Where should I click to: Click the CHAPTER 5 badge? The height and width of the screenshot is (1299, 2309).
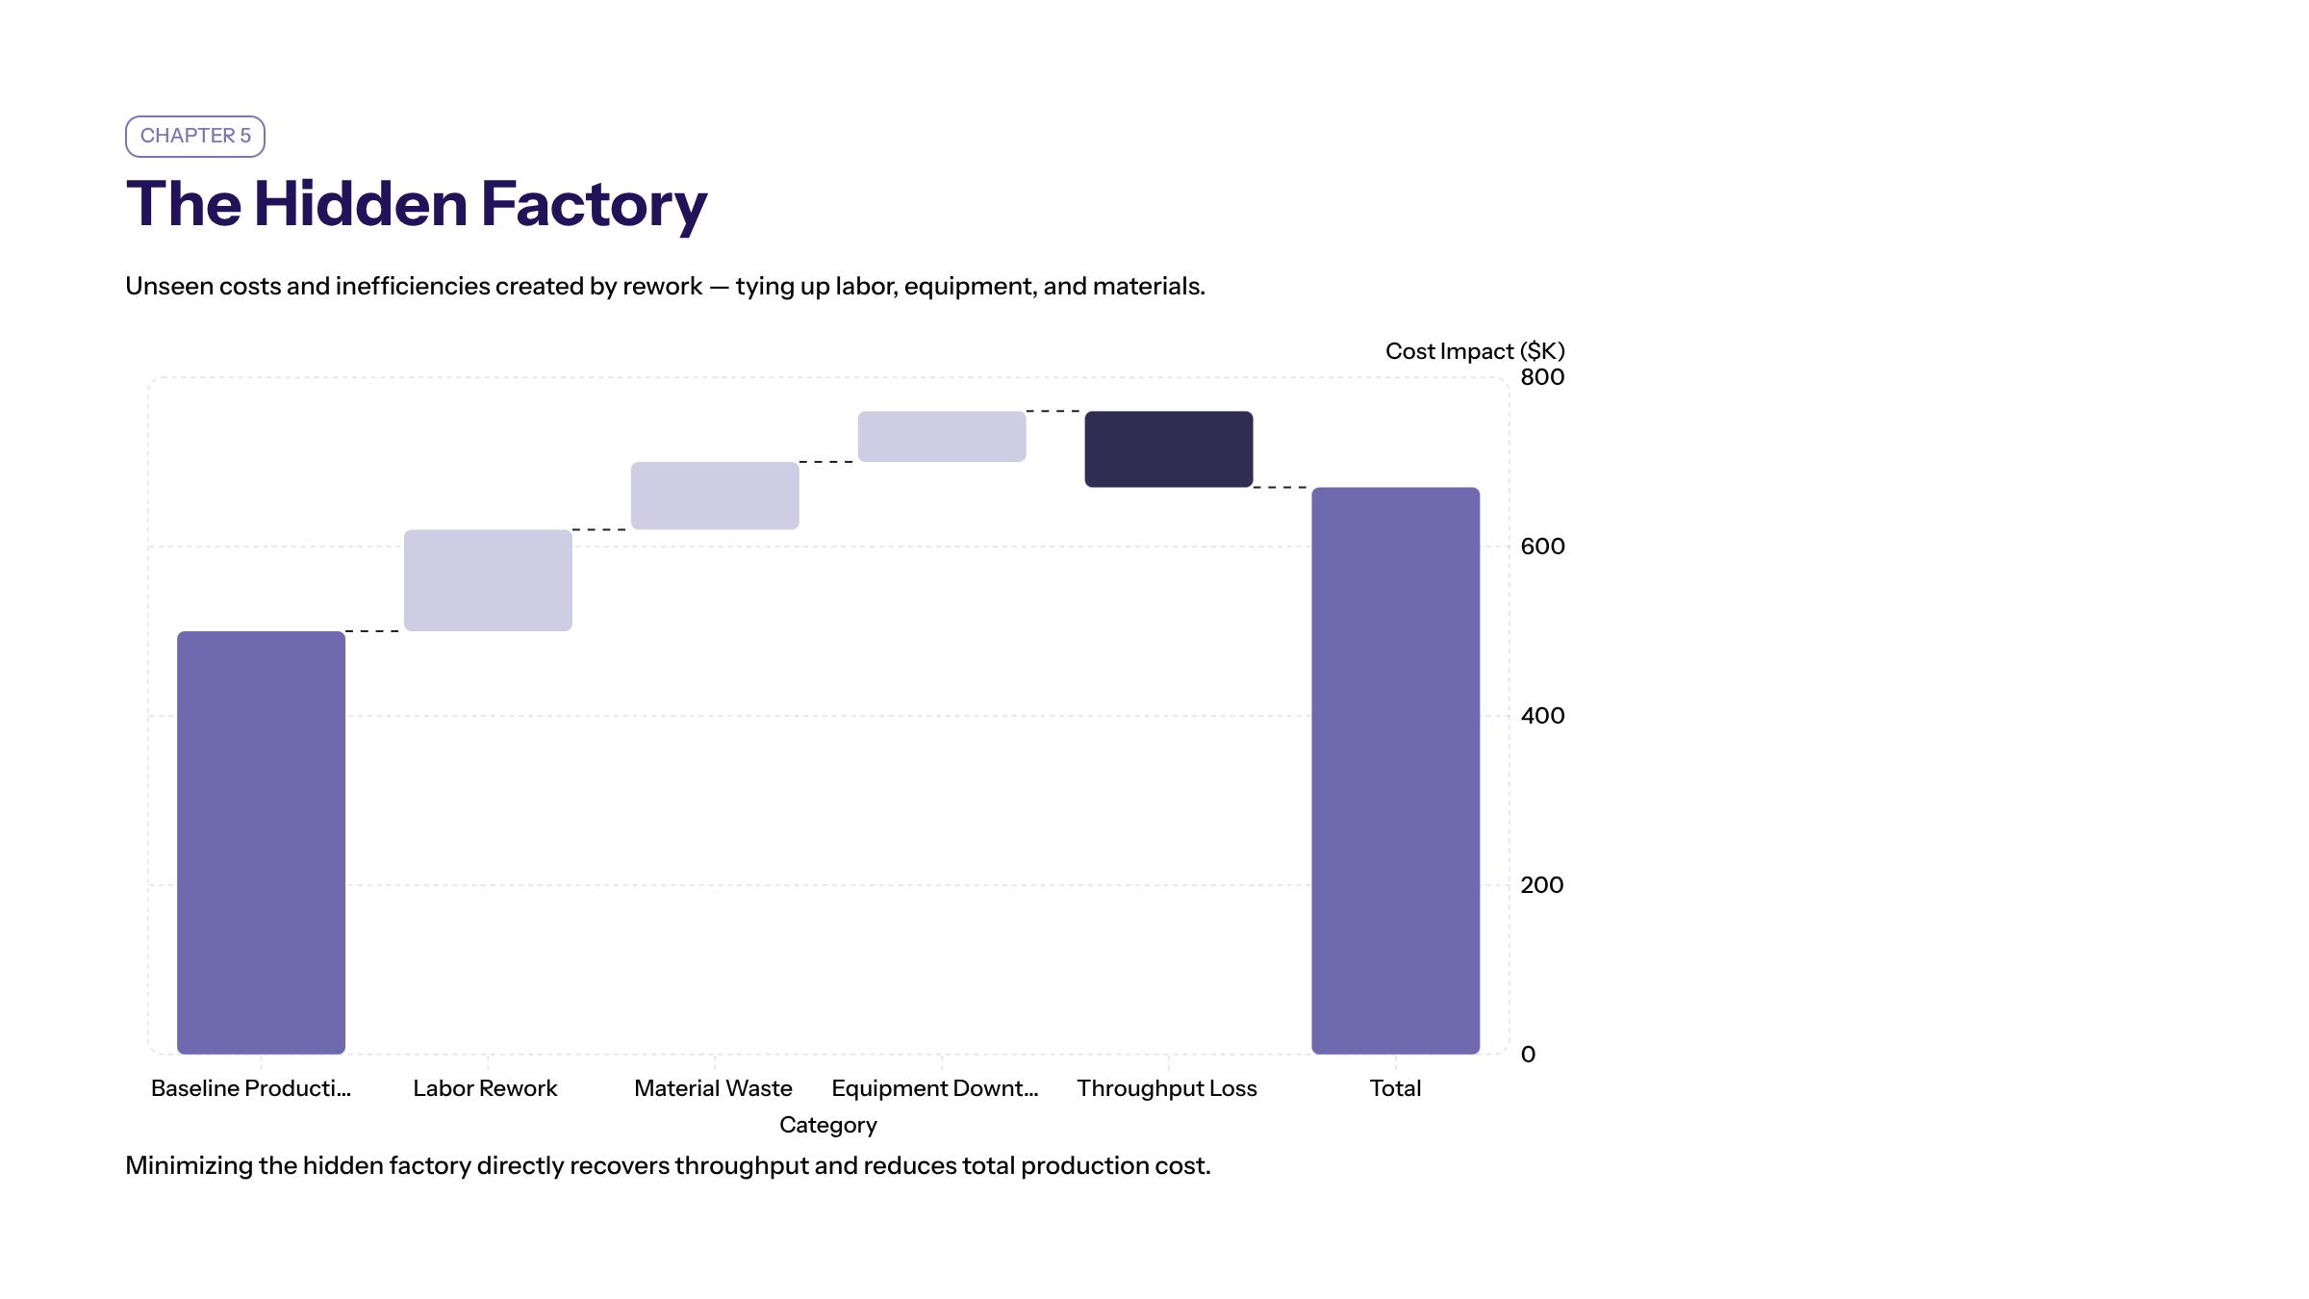[x=195, y=136]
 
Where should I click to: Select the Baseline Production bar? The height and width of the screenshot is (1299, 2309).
[x=261, y=842]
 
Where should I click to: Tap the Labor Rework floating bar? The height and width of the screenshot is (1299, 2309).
[x=488, y=580]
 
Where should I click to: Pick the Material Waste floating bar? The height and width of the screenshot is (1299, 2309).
[x=715, y=496]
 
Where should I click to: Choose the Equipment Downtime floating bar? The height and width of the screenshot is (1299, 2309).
[x=942, y=437]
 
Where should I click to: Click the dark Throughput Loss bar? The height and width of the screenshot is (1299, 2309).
[x=1169, y=449]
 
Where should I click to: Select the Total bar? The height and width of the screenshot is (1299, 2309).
[x=1395, y=770]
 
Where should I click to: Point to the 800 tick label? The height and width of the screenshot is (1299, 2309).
[x=1542, y=377]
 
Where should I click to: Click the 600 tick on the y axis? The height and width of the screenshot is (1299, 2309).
[x=1542, y=547]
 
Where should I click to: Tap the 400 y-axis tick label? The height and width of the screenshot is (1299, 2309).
[x=1542, y=716]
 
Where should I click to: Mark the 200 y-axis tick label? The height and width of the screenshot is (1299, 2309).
[x=1541, y=885]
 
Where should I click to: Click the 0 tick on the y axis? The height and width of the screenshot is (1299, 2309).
[x=1528, y=1055]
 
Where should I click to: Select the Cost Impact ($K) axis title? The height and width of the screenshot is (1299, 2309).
[x=1474, y=351]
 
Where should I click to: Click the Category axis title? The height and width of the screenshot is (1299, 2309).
[x=827, y=1125]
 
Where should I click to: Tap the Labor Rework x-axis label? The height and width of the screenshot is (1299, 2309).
[x=485, y=1088]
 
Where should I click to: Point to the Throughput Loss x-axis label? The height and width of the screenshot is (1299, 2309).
[x=1166, y=1088]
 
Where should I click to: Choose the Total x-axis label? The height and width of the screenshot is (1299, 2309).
[x=1395, y=1088]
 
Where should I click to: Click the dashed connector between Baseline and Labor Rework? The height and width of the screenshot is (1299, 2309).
[x=373, y=631]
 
